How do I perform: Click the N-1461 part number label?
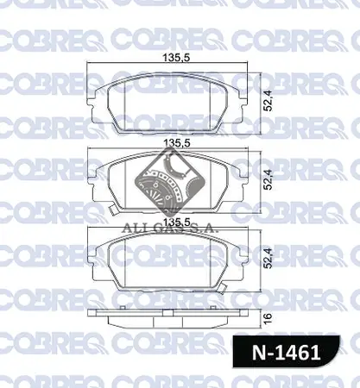(x=293, y=353)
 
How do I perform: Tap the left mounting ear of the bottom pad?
(x=94, y=254)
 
